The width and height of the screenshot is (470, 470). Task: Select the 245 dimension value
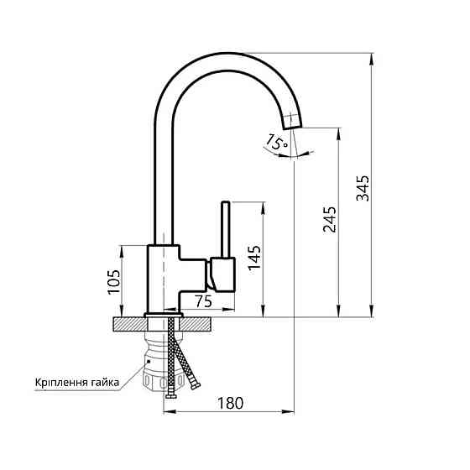pyautogui.click(x=329, y=219)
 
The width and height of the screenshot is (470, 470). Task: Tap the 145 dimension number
pyautogui.click(x=254, y=259)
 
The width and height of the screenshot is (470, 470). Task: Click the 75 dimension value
pyautogui.click(x=202, y=301)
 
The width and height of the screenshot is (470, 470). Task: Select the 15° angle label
pyautogui.click(x=276, y=140)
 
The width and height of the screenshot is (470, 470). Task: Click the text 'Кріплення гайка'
pyautogui.click(x=76, y=383)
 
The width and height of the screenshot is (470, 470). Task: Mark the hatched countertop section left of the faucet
pyautogui.click(x=128, y=324)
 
